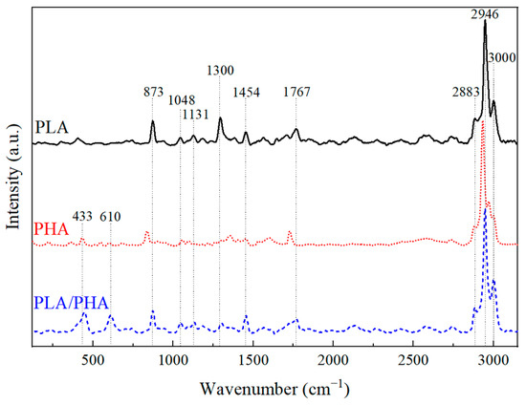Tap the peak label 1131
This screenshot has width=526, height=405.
[195, 115]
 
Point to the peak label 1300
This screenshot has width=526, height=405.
[220, 70]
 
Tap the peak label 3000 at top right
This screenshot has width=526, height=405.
[501, 58]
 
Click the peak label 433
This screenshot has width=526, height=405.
[82, 217]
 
